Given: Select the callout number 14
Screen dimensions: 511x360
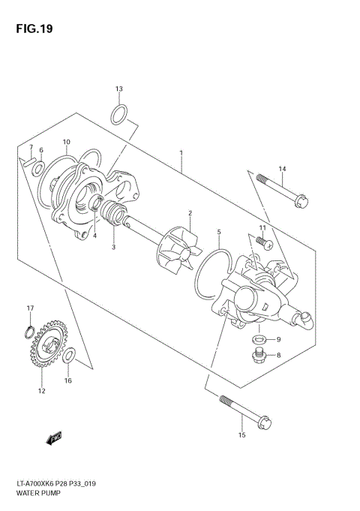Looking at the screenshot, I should coord(282,169).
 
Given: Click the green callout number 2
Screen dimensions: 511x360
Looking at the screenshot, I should coord(190,213).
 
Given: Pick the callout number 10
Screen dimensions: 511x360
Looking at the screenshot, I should coord(66,142).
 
